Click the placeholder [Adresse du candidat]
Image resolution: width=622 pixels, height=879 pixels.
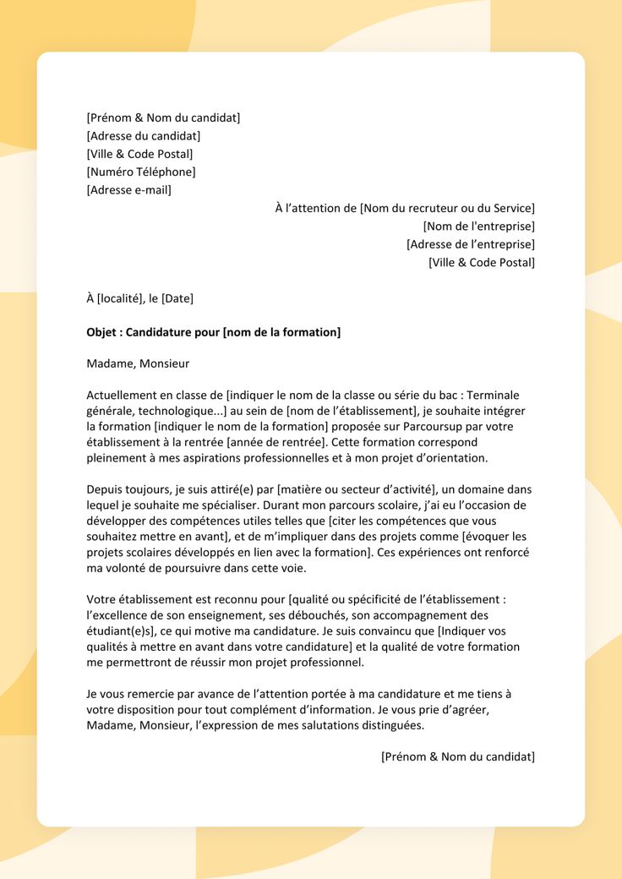[144, 136]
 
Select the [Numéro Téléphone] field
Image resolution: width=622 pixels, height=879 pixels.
[141, 172]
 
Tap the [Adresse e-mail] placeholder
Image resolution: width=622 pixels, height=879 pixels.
[129, 190]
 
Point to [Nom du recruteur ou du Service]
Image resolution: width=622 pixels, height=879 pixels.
[447, 208]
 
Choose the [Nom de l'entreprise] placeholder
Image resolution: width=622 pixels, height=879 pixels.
[478, 227]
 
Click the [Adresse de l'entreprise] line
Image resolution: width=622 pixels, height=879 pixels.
[471, 244]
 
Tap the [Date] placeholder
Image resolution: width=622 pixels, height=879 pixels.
[177, 298]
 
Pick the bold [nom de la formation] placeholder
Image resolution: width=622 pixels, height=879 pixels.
[281, 332]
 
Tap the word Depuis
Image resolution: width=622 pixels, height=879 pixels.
[106, 489]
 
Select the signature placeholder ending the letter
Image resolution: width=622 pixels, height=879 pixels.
[458, 756]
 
